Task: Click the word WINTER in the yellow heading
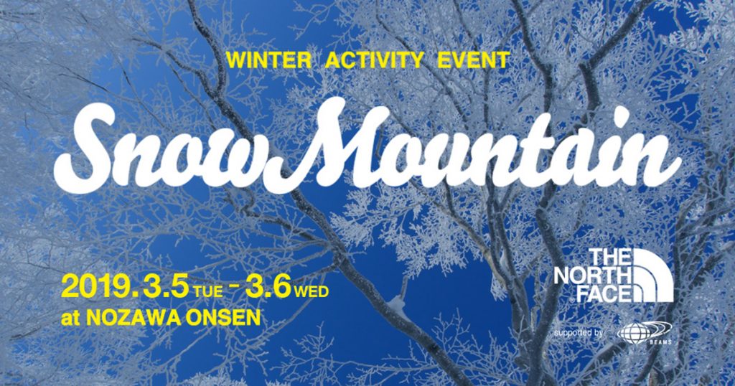268,60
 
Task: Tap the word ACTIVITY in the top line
374,60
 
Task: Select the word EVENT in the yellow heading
473,60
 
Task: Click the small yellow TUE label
209,292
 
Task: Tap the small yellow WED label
312,291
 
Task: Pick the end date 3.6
268,287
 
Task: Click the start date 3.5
167,287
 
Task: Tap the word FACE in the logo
604,293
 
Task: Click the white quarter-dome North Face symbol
653,276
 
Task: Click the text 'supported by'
578,333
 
